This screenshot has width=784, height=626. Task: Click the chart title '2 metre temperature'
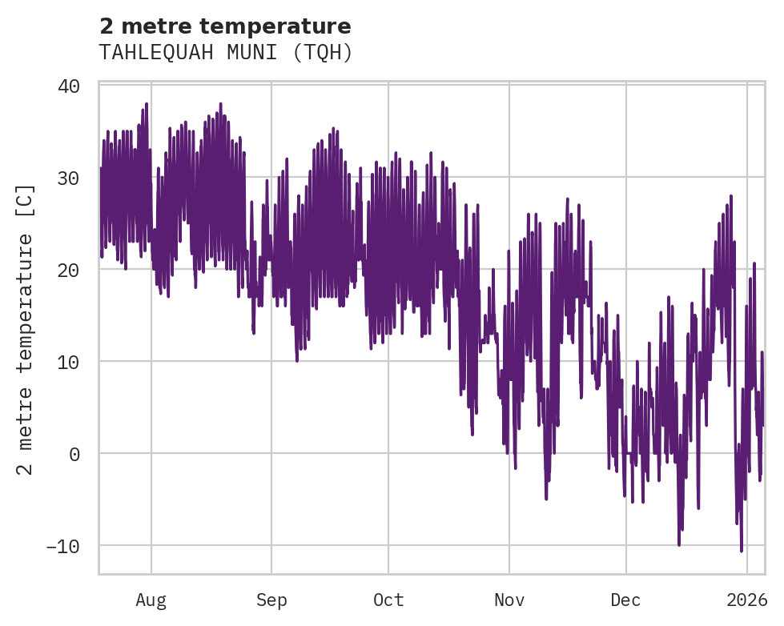point(225,26)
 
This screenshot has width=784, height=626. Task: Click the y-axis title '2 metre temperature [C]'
point(26,329)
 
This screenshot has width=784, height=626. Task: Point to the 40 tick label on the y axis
point(69,86)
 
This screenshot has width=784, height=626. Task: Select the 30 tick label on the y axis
point(69,178)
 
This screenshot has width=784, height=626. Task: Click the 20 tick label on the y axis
point(69,270)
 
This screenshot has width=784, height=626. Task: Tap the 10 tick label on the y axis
point(69,362)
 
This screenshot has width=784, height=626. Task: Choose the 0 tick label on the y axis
point(74,454)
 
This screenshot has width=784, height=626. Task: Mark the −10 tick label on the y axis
point(63,546)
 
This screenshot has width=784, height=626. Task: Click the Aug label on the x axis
point(151,600)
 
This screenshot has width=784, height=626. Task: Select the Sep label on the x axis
point(271,600)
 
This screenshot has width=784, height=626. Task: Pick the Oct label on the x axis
point(388,600)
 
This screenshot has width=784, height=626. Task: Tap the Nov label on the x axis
point(509,600)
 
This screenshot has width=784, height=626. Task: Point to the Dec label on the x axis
point(625,600)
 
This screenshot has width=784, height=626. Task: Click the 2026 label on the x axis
point(746,600)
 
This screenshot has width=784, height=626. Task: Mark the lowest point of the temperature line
point(742,551)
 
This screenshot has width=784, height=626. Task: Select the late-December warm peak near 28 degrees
point(731,195)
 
